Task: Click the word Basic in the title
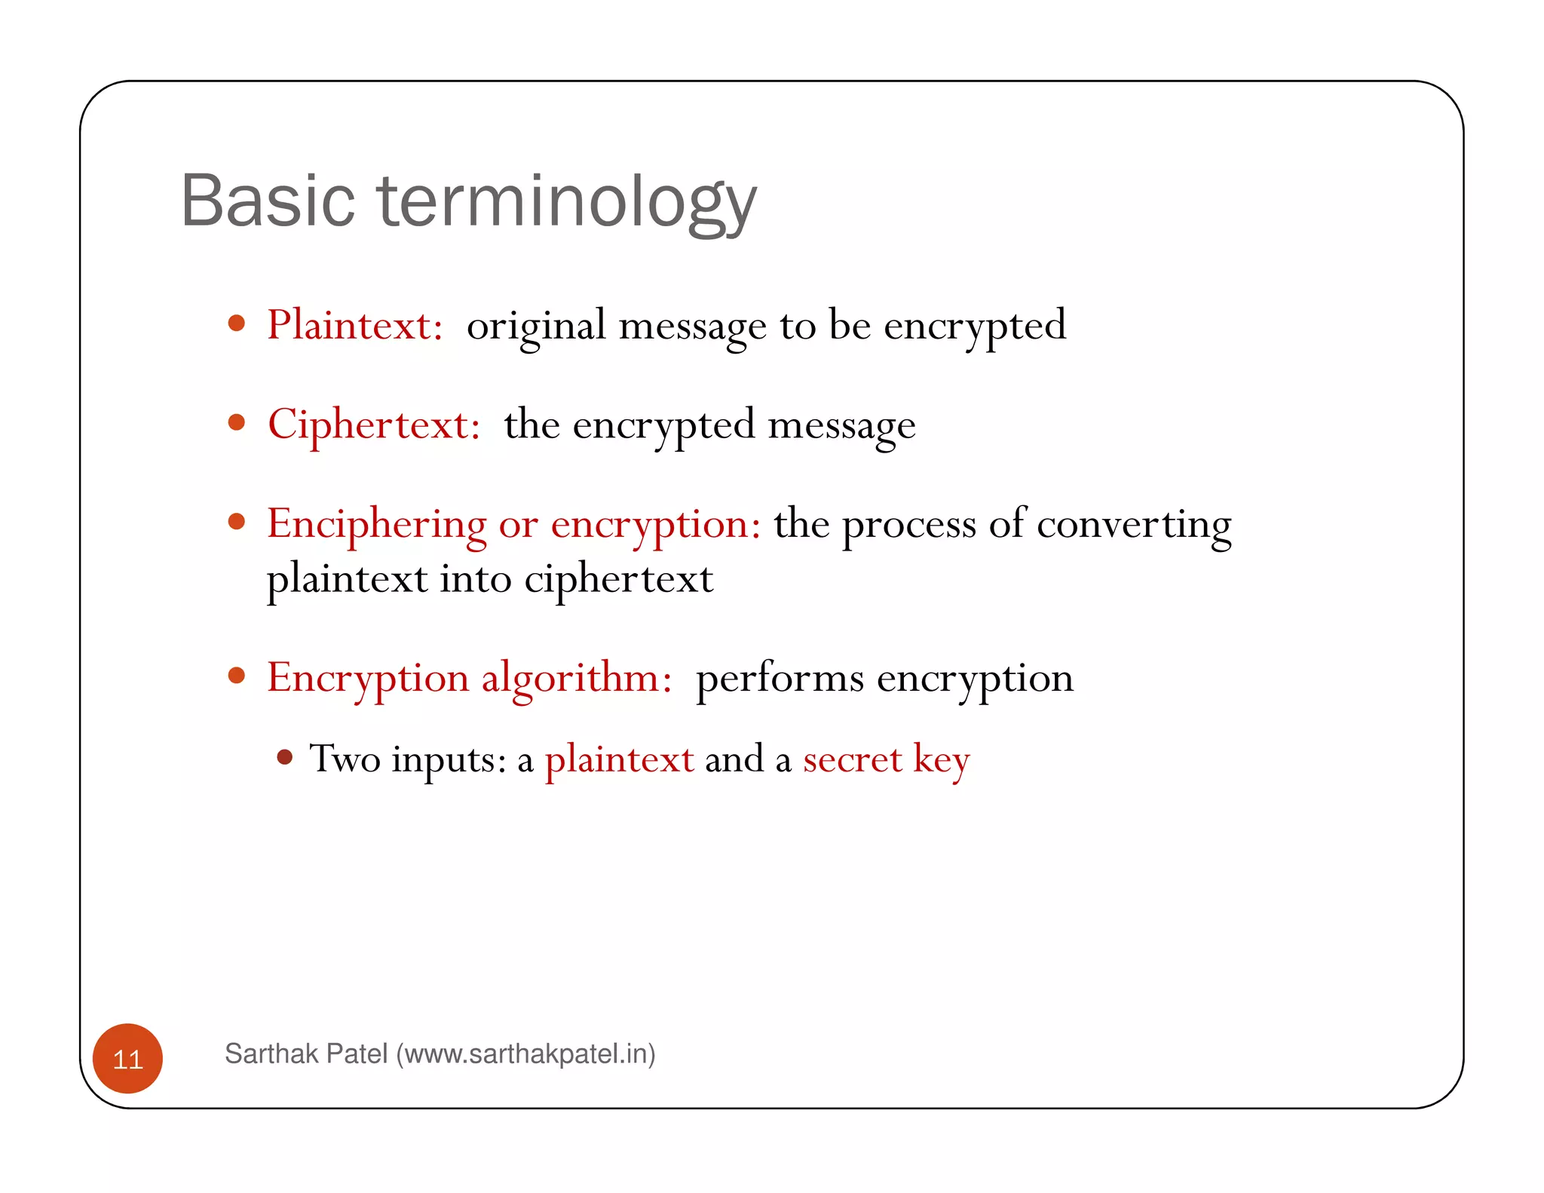(268, 201)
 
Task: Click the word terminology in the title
(567, 201)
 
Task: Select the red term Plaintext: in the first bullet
(354, 326)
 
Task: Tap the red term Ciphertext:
(374, 425)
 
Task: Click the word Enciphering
(377, 524)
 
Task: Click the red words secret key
(886, 759)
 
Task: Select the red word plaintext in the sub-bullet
(619, 759)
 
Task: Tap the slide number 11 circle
(127, 1059)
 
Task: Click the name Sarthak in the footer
(268, 1053)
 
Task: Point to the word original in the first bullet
(536, 326)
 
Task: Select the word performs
(780, 678)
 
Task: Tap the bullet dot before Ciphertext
(237, 422)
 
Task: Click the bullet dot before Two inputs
(284, 757)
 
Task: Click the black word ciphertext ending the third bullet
(618, 580)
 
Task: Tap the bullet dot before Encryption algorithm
(237, 675)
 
